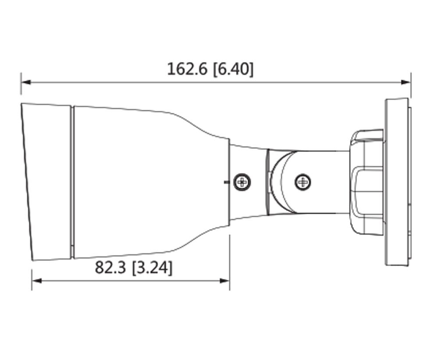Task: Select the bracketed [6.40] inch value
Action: pos(233,69)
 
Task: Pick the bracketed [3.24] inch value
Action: pos(152,267)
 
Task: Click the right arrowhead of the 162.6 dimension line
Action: pos(407,82)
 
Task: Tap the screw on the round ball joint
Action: pos(303,181)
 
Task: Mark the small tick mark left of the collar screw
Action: pos(225,181)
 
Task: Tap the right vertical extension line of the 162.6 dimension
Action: pos(411,86)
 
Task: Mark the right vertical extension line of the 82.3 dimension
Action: pos(229,263)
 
